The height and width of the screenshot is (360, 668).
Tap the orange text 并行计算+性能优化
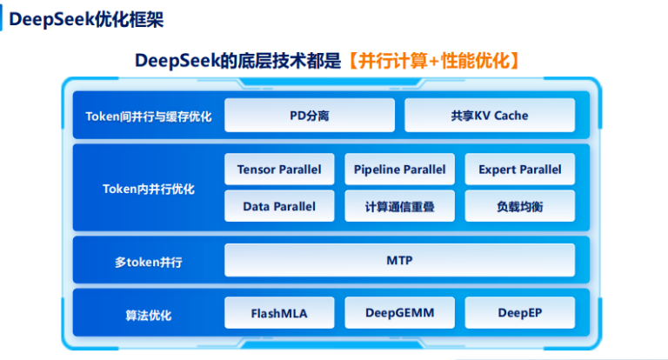pos(431,60)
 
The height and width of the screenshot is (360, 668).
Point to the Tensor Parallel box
pos(278,170)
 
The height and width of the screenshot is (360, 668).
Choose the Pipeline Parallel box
pos(399,170)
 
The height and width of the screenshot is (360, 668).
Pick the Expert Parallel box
pos(519,170)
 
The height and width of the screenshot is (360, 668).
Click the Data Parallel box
pos(278,206)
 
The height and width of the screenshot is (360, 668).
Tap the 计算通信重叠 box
pos(399,206)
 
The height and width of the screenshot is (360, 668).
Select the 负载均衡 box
pos(519,206)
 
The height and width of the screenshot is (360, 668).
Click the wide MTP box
pos(399,260)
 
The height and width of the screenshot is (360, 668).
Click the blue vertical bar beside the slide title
pos(3,19)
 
